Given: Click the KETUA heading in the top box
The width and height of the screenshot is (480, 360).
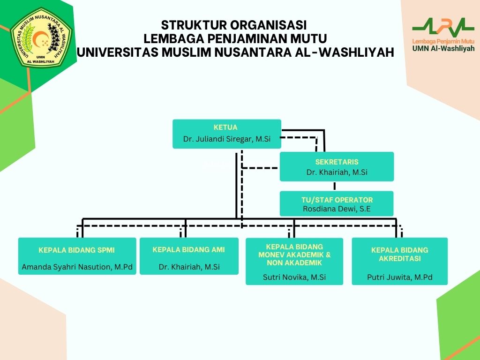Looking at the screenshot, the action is pos(225,127).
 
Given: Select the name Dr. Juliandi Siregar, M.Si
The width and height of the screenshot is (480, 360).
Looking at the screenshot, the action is pos(227,139).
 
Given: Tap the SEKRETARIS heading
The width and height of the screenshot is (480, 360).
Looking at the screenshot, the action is pos(337,162).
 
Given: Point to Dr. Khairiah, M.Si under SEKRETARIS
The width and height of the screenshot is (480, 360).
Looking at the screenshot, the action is pos(337,172).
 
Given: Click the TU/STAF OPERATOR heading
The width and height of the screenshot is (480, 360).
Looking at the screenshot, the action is pos(337,200).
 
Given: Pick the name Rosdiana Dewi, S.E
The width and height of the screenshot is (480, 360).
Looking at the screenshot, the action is pos(337,209).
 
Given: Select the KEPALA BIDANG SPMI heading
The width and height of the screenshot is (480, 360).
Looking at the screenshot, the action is pos(76,250).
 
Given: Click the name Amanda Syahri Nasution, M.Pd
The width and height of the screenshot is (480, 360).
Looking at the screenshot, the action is pos(77,267).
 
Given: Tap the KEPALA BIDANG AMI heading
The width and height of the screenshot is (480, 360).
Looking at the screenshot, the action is pos(188,250).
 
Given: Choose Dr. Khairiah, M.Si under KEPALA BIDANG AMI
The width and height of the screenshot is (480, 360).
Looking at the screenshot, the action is pos(189,267).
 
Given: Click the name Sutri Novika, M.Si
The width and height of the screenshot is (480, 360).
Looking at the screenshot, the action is pos(294,277).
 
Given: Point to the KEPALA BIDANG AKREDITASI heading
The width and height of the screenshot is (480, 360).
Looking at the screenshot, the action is pos(399,254).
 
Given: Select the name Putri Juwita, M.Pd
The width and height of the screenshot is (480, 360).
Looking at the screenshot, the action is pos(399,277).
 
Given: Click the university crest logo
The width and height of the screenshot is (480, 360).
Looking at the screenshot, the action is pos(41,37).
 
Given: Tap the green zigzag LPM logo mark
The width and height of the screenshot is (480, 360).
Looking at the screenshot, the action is pos(443,27).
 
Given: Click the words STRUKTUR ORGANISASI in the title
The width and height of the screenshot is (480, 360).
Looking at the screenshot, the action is pos(234,25).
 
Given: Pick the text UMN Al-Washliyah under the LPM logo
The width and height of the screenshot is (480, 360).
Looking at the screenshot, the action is pos(443,48).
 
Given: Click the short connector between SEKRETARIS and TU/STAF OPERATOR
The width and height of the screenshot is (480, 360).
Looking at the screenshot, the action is pos(334,186).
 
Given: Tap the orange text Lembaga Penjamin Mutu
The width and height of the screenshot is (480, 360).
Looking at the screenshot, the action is pos(443,41).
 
